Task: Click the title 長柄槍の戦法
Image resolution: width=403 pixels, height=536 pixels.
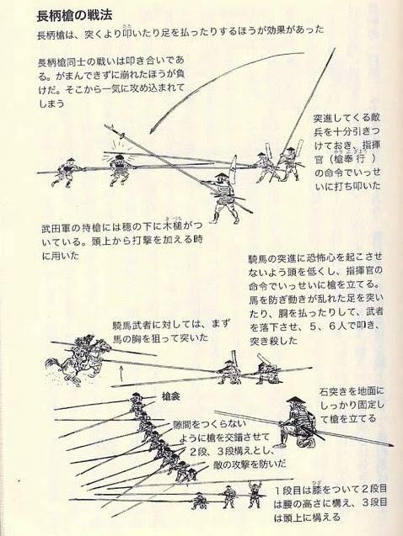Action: point(74,16)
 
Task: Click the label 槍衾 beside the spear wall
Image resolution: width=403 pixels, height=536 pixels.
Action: point(171,397)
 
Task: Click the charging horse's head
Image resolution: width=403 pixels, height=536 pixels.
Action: point(105,347)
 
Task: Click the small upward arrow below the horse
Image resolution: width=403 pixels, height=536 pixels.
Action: point(121,373)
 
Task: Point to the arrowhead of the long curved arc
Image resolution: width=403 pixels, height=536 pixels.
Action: point(152,131)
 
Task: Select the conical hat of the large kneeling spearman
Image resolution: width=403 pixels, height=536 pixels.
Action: point(294,401)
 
